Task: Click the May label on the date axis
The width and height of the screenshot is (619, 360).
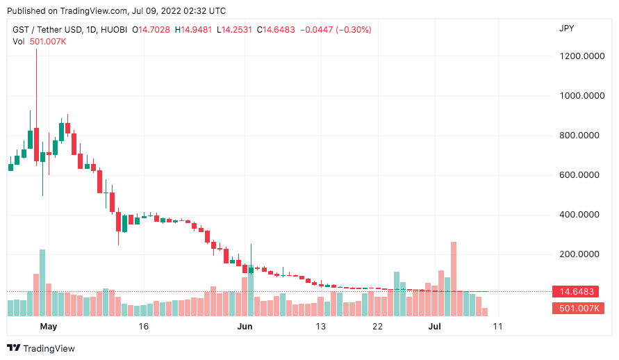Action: point(48,326)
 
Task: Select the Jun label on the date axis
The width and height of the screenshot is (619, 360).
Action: point(245,326)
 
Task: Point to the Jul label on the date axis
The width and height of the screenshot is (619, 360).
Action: point(435,326)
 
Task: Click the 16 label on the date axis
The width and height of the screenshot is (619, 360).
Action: point(144,326)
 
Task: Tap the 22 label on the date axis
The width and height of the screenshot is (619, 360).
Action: point(377,326)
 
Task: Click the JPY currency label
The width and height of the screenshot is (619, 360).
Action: point(567,28)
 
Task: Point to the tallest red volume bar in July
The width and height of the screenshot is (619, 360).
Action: point(454,278)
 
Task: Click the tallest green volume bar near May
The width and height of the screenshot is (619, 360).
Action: point(42,282)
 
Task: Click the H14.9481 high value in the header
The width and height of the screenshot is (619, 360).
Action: point(194,30)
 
